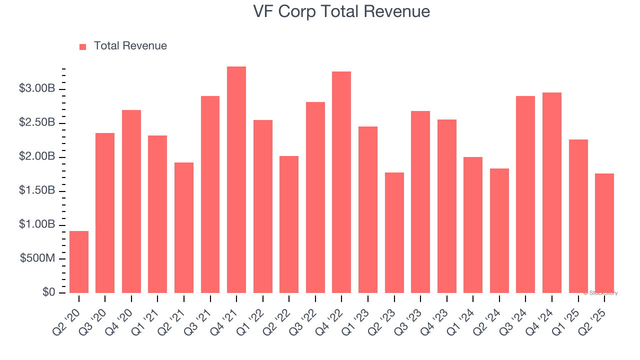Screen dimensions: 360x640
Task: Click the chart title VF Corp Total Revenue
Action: point(342,11)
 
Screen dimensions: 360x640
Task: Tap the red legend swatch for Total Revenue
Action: point(83,46)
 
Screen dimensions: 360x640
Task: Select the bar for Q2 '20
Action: point(79,262)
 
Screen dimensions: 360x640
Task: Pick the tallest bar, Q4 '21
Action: point(236,180)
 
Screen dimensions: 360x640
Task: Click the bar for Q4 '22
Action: point(341,182)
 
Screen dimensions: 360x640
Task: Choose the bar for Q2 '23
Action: point(394,233)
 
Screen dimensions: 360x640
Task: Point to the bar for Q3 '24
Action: point(525,194)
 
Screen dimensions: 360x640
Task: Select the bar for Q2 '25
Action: point(604,233)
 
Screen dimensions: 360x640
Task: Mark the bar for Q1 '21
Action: point(157,214)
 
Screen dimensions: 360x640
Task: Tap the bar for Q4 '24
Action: point(552,193)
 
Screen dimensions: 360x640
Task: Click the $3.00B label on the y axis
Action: point(37,89)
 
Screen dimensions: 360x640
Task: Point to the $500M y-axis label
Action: point(37,258)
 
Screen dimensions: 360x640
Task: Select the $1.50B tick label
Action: point(37,190)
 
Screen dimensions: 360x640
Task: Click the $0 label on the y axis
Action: point(48,292)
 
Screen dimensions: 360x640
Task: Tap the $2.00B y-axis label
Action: point(37,157)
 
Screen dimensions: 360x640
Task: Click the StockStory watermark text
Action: point(601,293)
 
